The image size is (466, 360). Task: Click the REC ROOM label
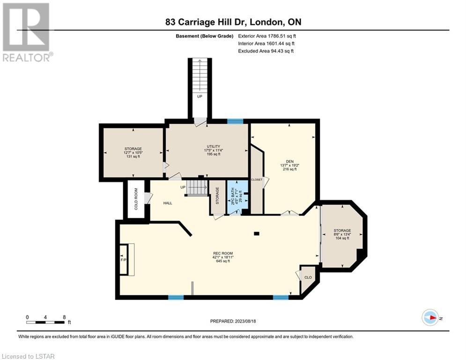pyautogui.click(x=223, y=254)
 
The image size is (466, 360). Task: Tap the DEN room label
pyautogui.click(x=290, y=162)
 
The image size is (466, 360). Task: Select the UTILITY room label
pyautogui.click(x=214, y=146)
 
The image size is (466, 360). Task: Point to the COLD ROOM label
pyautogui.click(x=136, y=199)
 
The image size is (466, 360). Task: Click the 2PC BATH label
pyautogui.click(x=233, y=196)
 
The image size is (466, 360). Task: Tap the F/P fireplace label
pyautogui.click(x=123, y=260)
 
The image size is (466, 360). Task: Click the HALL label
pyautogui.click(x=168, y=203)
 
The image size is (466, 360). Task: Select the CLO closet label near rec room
pyautogui.click(x=308, y=277)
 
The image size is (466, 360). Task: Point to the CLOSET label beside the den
pyautogui.click(x=257, y=180)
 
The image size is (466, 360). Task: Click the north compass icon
pyautogui.click(x=430, y=318)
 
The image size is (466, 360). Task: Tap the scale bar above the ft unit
pyautogui.click(x=45, y=322)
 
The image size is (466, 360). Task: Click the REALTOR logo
pyautogui.click(x=26, y=32)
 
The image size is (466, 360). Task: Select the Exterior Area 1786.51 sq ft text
pyautogui.click(x=267, y=36)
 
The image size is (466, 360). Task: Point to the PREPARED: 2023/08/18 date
pyautogui.click(x=233, y=321)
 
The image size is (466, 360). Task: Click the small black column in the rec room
pyautogui.click(x=257, y=233)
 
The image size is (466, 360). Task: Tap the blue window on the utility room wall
pyautogui.click(x=235, y=121)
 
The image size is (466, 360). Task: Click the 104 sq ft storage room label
pyautogui.click(x=342, y=238)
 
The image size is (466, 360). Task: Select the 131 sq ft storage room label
pyautogui.click(x=133, y=156)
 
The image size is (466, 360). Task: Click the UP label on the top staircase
pyautogui.click(x=200, y=97)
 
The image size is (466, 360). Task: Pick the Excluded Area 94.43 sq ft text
pyautogui.click(x=266, y=51)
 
